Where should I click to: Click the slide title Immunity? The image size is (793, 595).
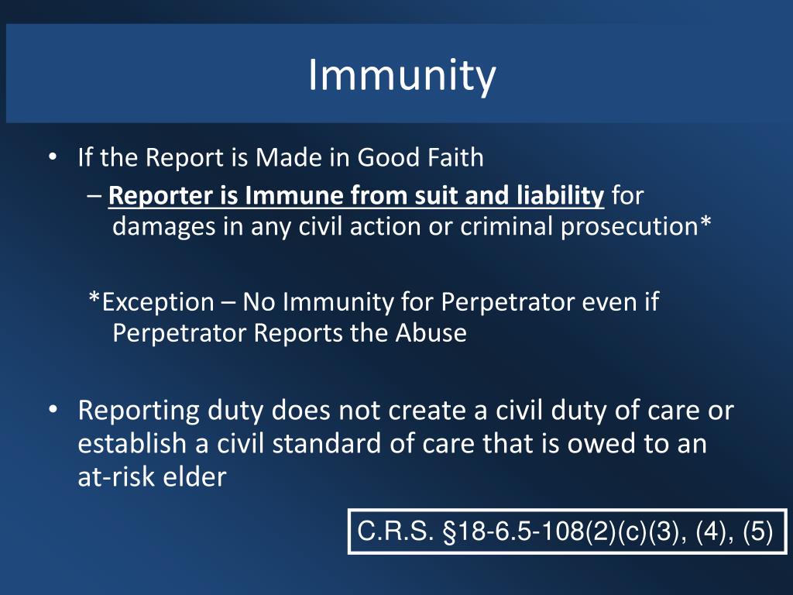tap(401, 75)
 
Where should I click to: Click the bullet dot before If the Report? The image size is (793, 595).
tap(52, 158)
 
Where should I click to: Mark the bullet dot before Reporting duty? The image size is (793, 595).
tap(52, 411)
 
